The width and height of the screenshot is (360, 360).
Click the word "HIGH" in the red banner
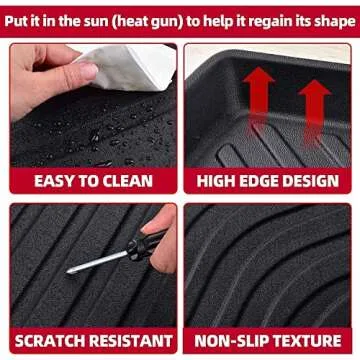click(220, 181)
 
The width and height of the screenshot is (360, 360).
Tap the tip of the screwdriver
click(71, 272)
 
